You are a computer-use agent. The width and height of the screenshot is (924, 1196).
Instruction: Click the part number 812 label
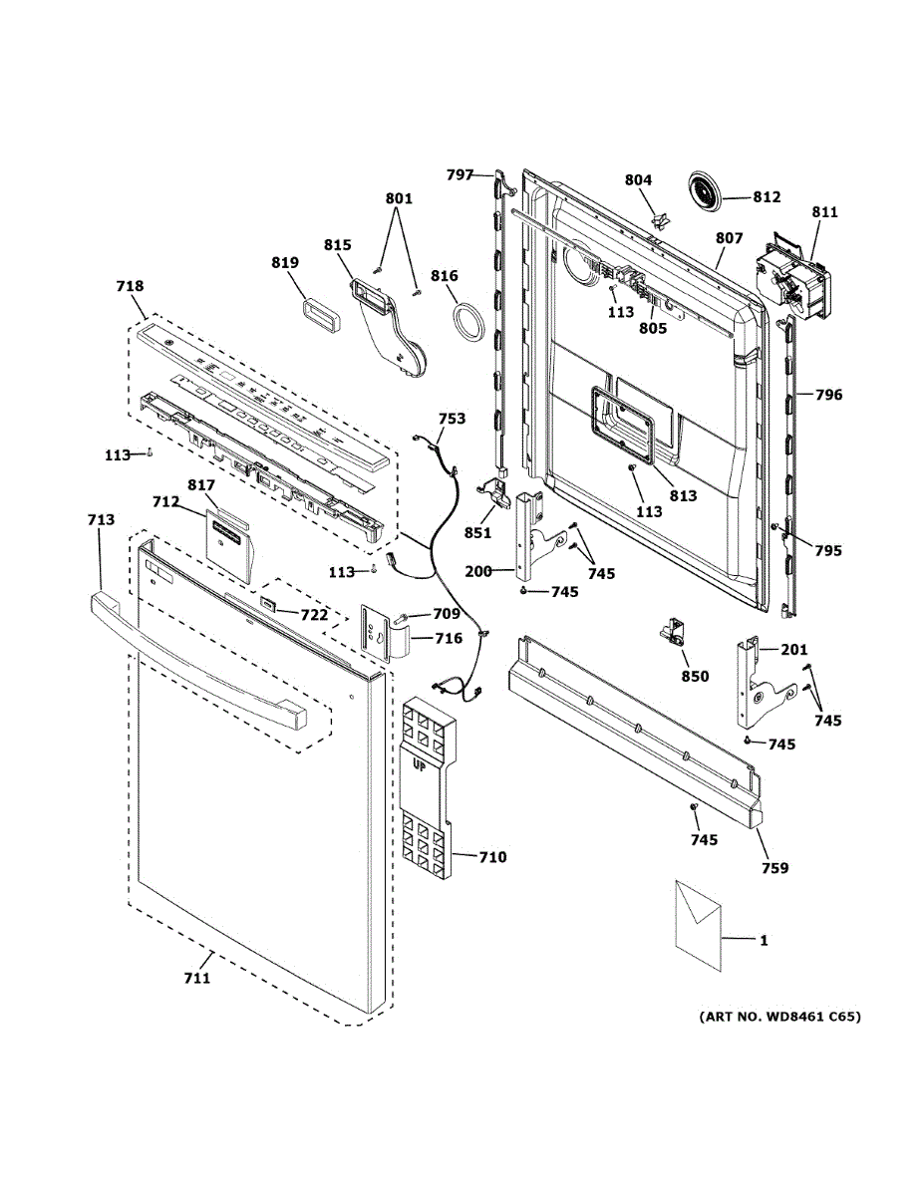click(767, 197)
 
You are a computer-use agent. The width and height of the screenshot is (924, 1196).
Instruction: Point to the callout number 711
click(196, 978)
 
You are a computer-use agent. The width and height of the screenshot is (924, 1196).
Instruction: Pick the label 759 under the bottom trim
click(774, 868)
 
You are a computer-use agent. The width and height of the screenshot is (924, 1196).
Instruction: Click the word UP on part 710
click(423, 763)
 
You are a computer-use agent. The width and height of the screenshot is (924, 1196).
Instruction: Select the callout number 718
click(130, 286)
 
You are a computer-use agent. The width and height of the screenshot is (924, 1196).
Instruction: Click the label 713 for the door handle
click(101, 519)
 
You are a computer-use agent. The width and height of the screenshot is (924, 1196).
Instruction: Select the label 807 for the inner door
click(730, 239)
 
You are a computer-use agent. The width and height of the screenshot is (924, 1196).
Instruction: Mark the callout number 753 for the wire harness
click(452, 419)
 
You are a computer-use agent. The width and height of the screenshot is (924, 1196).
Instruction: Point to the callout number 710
click(492, 857)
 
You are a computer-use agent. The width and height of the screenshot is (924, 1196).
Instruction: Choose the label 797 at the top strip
click(460, 175)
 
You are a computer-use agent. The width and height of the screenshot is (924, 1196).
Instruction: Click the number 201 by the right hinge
click(794, 651)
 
